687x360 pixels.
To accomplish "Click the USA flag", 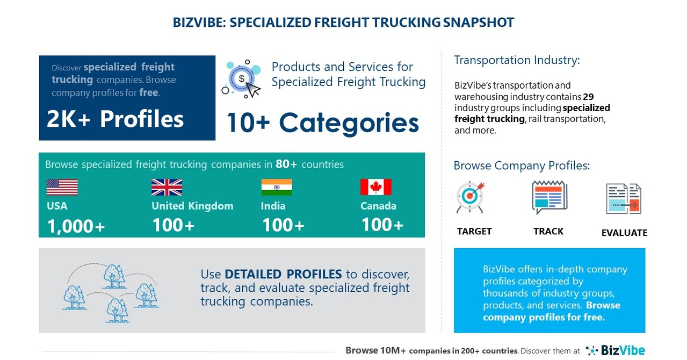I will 62,187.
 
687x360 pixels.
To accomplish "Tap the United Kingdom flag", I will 167,187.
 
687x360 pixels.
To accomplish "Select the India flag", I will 277,187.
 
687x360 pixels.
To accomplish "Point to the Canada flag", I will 375,187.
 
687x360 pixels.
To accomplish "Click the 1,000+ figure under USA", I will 76,226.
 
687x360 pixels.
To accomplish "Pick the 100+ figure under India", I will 283,225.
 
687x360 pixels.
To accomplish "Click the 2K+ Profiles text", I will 115,119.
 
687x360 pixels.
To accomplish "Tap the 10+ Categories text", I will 322,123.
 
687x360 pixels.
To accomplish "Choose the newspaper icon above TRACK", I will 549,197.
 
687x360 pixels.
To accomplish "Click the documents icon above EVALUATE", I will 624,199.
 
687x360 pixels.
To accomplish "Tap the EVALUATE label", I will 624,233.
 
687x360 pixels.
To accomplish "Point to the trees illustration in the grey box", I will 110,290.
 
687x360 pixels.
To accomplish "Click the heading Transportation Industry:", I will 517,60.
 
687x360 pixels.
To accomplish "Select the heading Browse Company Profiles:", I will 522,165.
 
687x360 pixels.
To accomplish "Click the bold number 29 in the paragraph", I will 588,97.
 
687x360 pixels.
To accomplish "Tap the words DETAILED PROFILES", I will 283,274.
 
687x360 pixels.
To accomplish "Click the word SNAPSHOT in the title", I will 479,23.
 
